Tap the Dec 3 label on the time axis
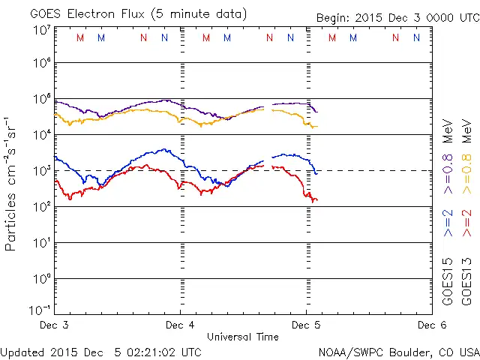coord(54,325)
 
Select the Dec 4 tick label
coord(180,325)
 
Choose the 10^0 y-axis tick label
coord(41,279)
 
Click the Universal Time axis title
coord(242,337)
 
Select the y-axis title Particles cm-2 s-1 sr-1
coord(11,184)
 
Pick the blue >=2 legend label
coord(448,223)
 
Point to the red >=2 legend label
coord(466,223)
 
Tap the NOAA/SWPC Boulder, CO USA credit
coord(398,352)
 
